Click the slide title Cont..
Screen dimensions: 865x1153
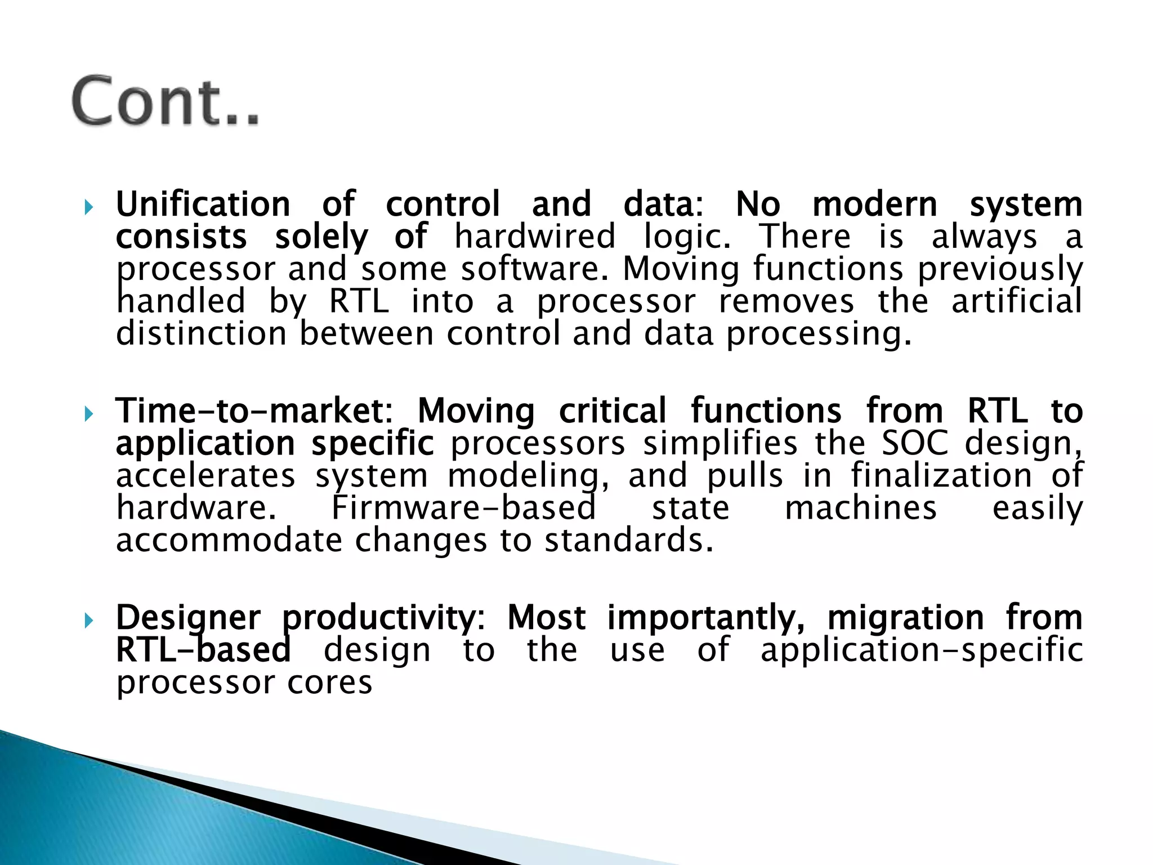(166, 101)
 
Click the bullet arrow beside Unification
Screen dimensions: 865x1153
(88, 208)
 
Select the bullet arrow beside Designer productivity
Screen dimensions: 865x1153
(88, 621)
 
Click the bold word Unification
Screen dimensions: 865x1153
(203, 204)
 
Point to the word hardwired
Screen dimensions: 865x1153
(535, 236)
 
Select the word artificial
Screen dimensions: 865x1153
(1016, 301)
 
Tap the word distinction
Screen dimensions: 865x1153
(202, 333)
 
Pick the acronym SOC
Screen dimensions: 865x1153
(915, 443)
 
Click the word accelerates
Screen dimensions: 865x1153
(205, 476)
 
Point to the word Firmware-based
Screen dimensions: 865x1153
(463, 508)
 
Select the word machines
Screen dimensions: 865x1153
(861, 508)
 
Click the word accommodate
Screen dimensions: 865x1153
(229, 541)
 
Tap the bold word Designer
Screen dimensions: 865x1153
(188, 618)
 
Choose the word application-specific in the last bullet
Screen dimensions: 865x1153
(922, 650)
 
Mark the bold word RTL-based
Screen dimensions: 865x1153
(203, 650)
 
